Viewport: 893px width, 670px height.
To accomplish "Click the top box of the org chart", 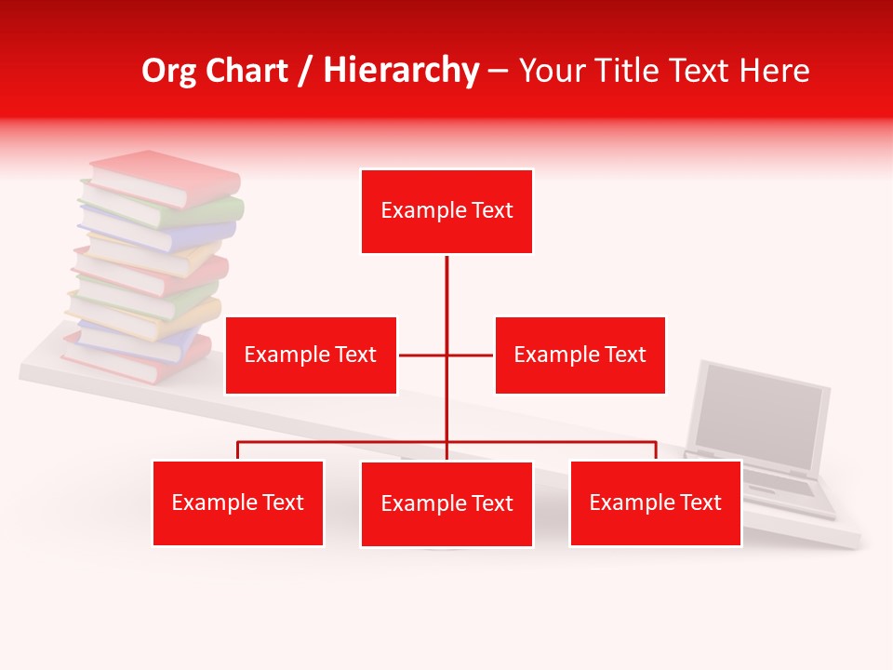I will [446, 211].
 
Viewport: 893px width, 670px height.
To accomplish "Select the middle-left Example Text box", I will [311, 355].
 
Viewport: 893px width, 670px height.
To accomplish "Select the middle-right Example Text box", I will [580, 355].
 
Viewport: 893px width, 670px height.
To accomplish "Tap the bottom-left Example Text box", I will [238, 502].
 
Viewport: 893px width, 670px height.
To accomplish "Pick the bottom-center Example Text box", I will [446, 503].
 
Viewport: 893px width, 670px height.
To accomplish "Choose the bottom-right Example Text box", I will [655, 502].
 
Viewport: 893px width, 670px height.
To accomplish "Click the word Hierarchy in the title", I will [401, 71].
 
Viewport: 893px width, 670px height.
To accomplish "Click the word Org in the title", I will [169, 71].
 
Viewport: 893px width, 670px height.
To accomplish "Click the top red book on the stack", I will [167, 177].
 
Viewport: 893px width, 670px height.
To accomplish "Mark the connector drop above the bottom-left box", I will [238, 450].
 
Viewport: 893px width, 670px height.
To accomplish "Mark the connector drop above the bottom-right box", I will [656, 450].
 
